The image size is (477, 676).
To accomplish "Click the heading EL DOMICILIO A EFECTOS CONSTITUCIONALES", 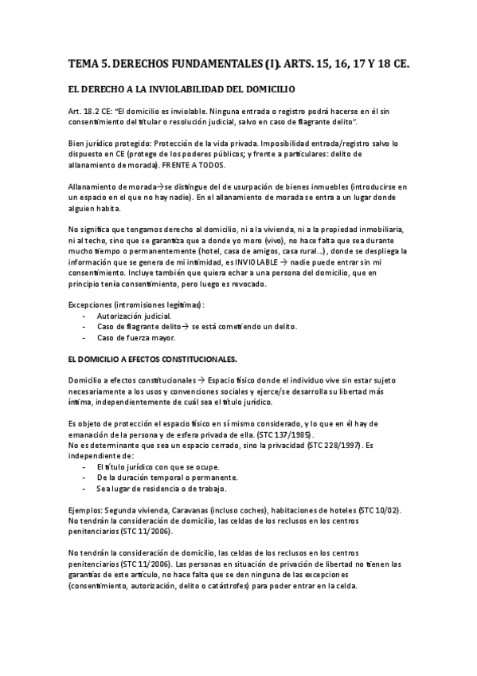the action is (x=153, y=359).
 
